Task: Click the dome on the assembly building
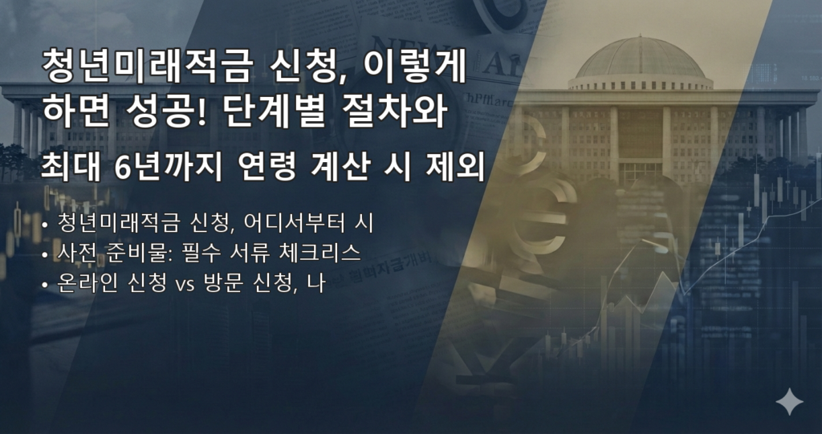(640, 60)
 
